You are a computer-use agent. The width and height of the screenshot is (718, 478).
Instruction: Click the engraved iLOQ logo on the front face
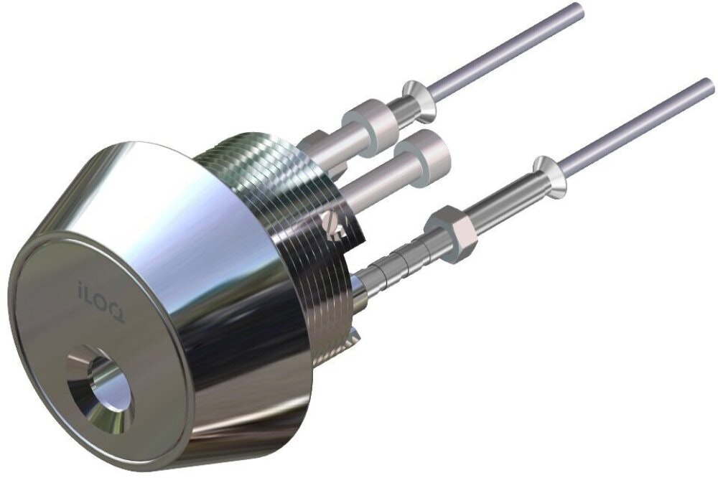pyautogui.click(x=101, y=301)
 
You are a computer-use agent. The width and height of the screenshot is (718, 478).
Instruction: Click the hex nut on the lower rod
pyautogui.click(x=452, y=234)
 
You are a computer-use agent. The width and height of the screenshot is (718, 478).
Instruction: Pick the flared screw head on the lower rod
pyautogui.click(x=549, y=177)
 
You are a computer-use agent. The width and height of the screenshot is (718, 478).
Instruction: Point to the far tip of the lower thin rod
pyautogui.click(x=709, y=85)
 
